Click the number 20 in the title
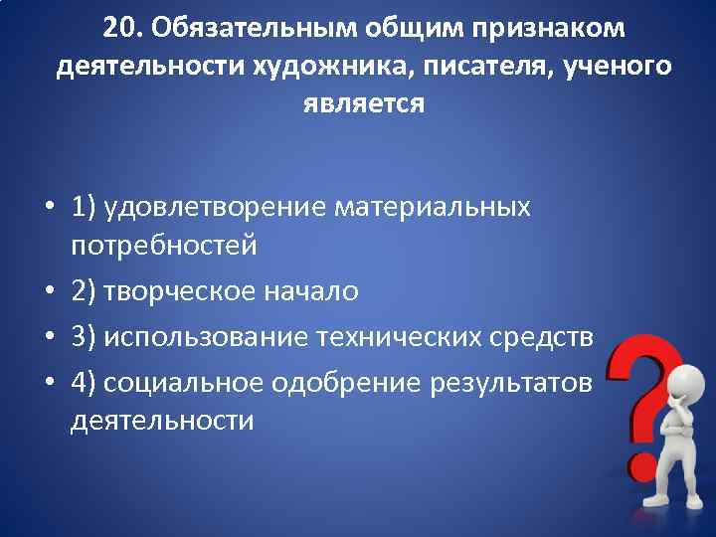tap(120, 28)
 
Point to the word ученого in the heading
tap(617, 66)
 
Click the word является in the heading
tap(363, 103)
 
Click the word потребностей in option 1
tap(164, 245)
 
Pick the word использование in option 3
tap(204, 337)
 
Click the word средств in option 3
tap(544, 337)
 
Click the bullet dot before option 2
tap(49, 292)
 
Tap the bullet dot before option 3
tap(49, 338)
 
